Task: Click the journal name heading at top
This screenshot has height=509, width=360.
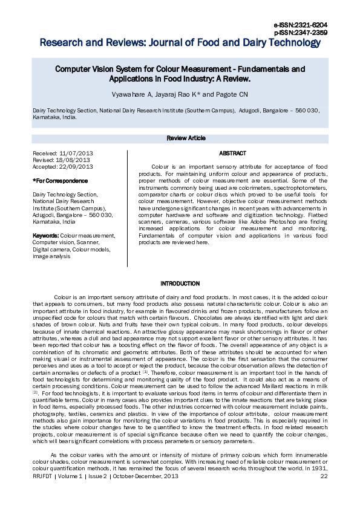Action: point(180,43)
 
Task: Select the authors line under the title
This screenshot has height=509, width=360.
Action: point(180,95)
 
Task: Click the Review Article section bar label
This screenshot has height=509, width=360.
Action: point(186,138)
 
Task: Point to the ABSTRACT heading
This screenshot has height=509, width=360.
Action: point(232,154)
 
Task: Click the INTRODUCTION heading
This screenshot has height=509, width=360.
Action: point(180,284)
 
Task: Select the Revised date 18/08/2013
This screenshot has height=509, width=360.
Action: point(75,160)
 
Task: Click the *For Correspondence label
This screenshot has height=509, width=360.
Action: point(60,181)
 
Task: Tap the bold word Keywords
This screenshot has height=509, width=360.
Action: point(45,235)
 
